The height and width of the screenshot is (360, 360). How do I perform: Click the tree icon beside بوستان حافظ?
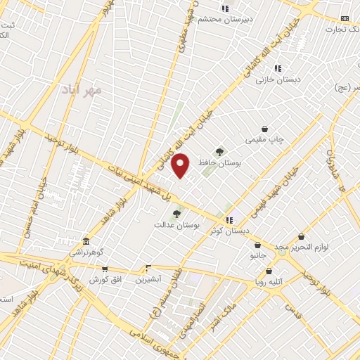pyautogui.click(x=219, y=151)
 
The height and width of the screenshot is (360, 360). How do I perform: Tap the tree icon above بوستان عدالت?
pyautogui.click(x=176, y=214)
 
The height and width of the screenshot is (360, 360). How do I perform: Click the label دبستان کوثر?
pyautogui.click(x=231, y=230)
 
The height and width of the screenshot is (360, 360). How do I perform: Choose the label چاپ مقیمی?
pyautogui.click(x=265, y=140)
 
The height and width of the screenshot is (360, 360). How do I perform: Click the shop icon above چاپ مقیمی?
pyautogui.click(x=264, y=129)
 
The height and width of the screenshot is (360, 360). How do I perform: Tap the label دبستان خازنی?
pyautogui.click(x=278, y=79)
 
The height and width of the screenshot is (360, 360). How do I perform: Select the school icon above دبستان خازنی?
pyautogui.click(x=278, y=69)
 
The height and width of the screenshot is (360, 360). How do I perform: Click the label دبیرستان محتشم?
pyautogui.click(x=224, y=20)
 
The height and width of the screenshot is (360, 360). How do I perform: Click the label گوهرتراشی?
pyautogui.click(x=86, y=252)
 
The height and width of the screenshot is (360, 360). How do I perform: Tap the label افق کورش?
pyautogui.click(x=105, y=279)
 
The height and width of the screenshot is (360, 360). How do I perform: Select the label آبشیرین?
pyautogui.click(x=148, y=278)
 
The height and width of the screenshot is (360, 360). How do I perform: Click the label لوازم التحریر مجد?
pyautogui.click(x=302, y=247)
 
